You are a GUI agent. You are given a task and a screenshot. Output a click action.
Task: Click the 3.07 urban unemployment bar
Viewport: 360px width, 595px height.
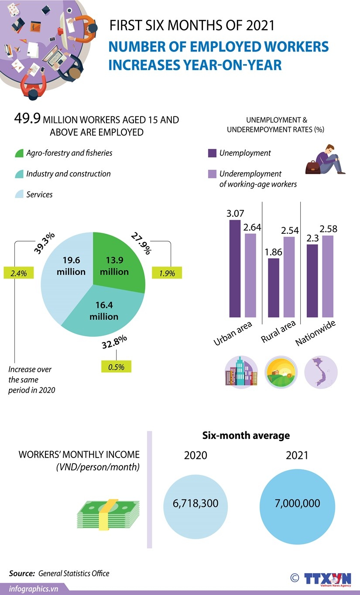[x=235, y=268]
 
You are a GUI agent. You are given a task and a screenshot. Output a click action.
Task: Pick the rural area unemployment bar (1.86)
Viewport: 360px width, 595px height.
[x=274, y=288]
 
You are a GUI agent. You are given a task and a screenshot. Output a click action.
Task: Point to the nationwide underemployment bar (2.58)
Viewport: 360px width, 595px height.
[x=328, y=276]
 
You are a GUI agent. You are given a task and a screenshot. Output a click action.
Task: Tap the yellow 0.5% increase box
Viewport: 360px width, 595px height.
[x=116, y=367]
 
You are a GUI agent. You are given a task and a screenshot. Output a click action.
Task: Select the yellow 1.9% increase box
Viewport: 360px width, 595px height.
[x=167, y=274]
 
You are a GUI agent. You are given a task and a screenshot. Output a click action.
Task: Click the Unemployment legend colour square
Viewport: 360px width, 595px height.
[x=212, y=153]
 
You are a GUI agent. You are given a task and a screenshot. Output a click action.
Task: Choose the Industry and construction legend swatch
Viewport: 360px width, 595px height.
[x=19, y=174]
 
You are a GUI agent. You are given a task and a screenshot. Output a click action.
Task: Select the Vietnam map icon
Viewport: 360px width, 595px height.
[x=321, y=372]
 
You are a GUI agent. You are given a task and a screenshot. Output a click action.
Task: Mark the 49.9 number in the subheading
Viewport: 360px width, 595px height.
[x=27, y=119]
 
